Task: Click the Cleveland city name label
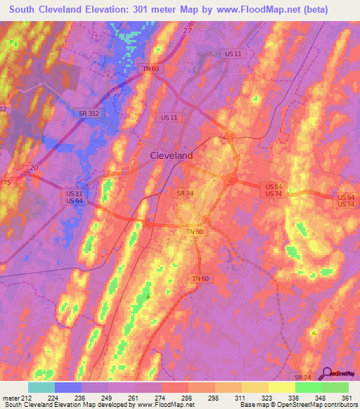172,156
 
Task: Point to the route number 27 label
187,30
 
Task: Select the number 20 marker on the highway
34,167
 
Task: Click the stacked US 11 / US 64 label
75,197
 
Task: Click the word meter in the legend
11,397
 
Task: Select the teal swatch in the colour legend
41,387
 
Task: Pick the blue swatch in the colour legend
67,387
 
